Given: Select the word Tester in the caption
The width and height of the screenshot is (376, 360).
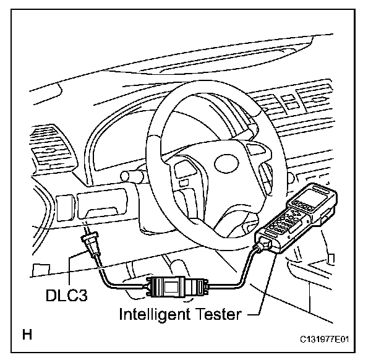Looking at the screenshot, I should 216,315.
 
